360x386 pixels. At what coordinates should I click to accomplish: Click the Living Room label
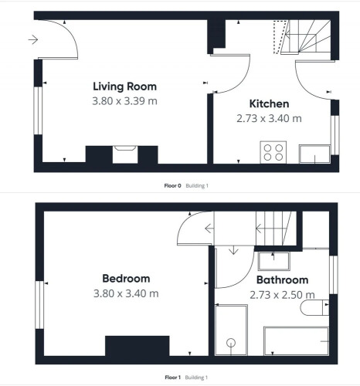pyautogui.click(x=124, y=86)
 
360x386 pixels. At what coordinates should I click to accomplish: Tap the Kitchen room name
pyautogui.click(x=269, y=103)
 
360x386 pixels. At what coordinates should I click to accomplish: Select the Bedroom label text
pyautogui.click(x=126, y=279)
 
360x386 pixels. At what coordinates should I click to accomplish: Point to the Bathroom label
pyautogui.click(x=282, y=279)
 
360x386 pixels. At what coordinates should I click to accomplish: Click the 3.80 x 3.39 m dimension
pyautogui.click(x=124, y=101)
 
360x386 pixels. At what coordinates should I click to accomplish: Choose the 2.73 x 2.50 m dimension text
pyautogui.click(x=282, y=295)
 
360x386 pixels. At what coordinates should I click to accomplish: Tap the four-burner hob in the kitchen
pyautogui.click(x=273, y=152)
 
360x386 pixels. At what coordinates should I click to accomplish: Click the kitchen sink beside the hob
pyautogui.click(x=314, y=154)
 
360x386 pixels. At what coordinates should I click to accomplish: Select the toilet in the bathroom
pyautogui.click(x=314, y=307)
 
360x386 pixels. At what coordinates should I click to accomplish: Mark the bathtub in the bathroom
pyautogui.click(x=296, y=341)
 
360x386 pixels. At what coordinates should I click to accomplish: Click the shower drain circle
pyautogui.click(x=231, y=343)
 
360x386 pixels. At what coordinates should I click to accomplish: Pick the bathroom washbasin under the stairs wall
pyautogui.click(x=274, y=261)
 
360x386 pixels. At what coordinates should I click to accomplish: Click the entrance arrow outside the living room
pyautogui.click(x=33, y=39)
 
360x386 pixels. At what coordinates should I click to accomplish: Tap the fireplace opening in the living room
pyautogui.click(x=125, y=154)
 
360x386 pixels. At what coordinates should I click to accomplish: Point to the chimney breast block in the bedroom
pyautogui.click(x=138, y=346)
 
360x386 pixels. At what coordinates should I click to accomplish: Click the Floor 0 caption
pyautogui.click(x=172, y=185)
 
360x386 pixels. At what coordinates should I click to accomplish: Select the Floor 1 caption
pyautogui.click(x=172, y=378)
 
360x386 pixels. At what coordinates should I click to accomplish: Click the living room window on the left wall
pyautogui.click(x=38, y=110)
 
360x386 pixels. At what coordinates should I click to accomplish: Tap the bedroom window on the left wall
pyautogui.click(x=39, y=305)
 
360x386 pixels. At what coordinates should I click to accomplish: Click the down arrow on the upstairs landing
pyautogui.click(x=233, y=250)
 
